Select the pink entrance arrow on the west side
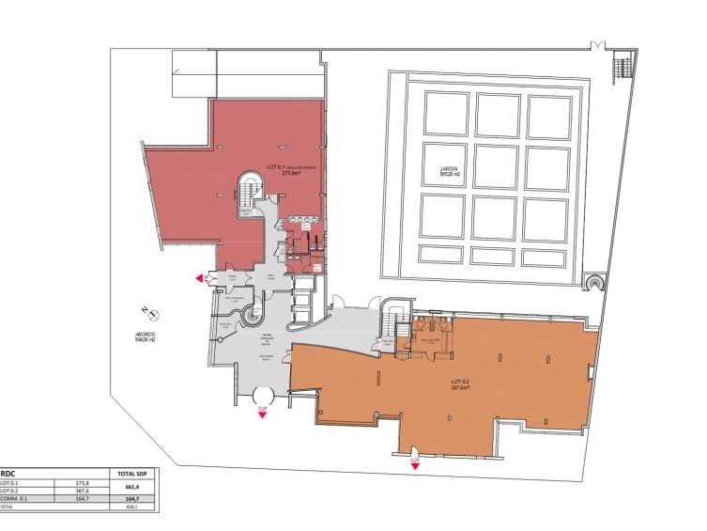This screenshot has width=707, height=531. [200, 278]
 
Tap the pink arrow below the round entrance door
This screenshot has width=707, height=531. [263, 411]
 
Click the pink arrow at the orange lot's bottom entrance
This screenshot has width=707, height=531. [414, 461]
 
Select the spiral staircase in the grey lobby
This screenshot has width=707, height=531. [254, 318]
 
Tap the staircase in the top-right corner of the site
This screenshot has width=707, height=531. [622, 68]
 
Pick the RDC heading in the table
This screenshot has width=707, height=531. [8, 475]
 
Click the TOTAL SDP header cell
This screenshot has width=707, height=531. [131, 475]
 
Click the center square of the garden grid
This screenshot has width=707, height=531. [497, 165]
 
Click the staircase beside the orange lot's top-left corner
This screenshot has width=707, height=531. [396, 329]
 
